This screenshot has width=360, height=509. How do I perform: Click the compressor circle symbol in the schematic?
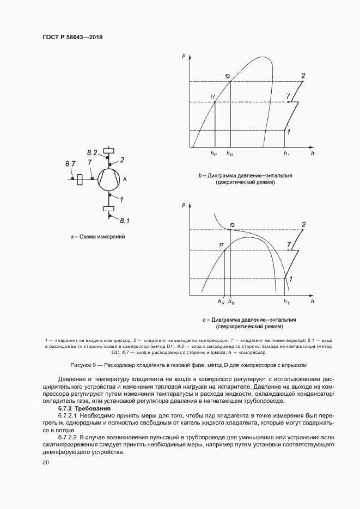click(109, 179)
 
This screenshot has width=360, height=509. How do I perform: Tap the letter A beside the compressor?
click(125, 179)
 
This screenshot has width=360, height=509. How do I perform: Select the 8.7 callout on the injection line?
click(70, 163)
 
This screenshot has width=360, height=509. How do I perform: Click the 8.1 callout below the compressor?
click(125, 220)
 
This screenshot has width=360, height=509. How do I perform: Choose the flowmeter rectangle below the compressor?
click(109, 207)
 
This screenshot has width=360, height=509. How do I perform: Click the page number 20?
click(45, 463)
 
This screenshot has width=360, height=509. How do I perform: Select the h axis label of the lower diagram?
click(313, 301)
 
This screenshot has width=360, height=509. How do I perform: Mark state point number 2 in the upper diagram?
click(303, 75)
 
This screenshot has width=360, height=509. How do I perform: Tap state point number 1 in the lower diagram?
click(291, 279)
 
